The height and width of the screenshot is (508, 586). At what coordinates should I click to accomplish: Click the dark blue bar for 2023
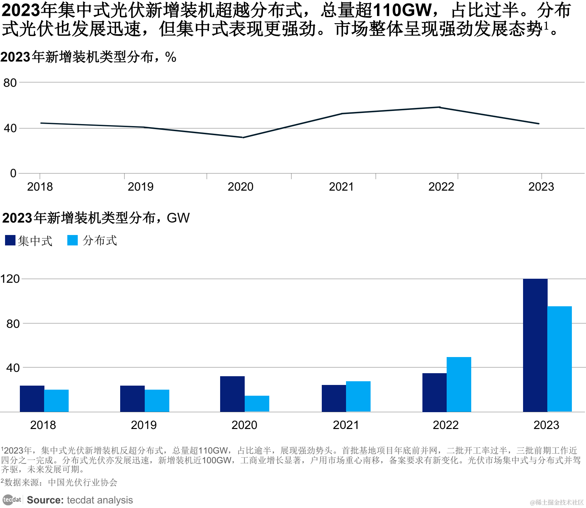point(535,345)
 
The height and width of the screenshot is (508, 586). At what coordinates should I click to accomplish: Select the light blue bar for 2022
point(459,384)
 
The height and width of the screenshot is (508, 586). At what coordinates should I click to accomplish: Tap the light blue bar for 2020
point(257,403)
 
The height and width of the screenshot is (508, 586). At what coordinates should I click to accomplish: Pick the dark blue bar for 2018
point(32,398)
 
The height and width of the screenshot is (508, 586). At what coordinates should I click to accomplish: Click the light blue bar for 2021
point(358,396)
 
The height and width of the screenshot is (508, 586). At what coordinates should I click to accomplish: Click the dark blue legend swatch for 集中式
point(10,240)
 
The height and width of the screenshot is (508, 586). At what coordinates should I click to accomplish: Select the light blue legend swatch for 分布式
point(72,240)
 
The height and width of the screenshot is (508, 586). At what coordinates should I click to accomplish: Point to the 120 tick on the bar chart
point(10,279)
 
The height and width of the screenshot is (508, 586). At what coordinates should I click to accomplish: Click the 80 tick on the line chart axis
point(10,83)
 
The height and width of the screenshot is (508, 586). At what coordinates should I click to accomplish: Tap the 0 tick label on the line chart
point(13,173)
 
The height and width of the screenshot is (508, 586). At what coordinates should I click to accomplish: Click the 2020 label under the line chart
point(240,187)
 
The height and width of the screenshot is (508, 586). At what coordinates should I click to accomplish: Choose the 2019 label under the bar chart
point(144,425)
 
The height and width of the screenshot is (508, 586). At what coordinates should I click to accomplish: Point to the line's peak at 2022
point(440,107)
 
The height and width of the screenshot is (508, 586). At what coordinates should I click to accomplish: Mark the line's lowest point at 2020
point(243,138)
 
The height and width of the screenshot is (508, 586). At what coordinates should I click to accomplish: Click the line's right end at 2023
point(539,124)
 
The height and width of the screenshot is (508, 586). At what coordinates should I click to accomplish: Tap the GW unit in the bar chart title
point(178,218)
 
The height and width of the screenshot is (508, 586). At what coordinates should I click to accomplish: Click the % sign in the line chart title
point(171,57)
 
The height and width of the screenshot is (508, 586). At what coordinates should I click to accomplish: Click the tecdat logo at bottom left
point(12,500)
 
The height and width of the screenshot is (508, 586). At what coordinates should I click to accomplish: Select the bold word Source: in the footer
point(45,500)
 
